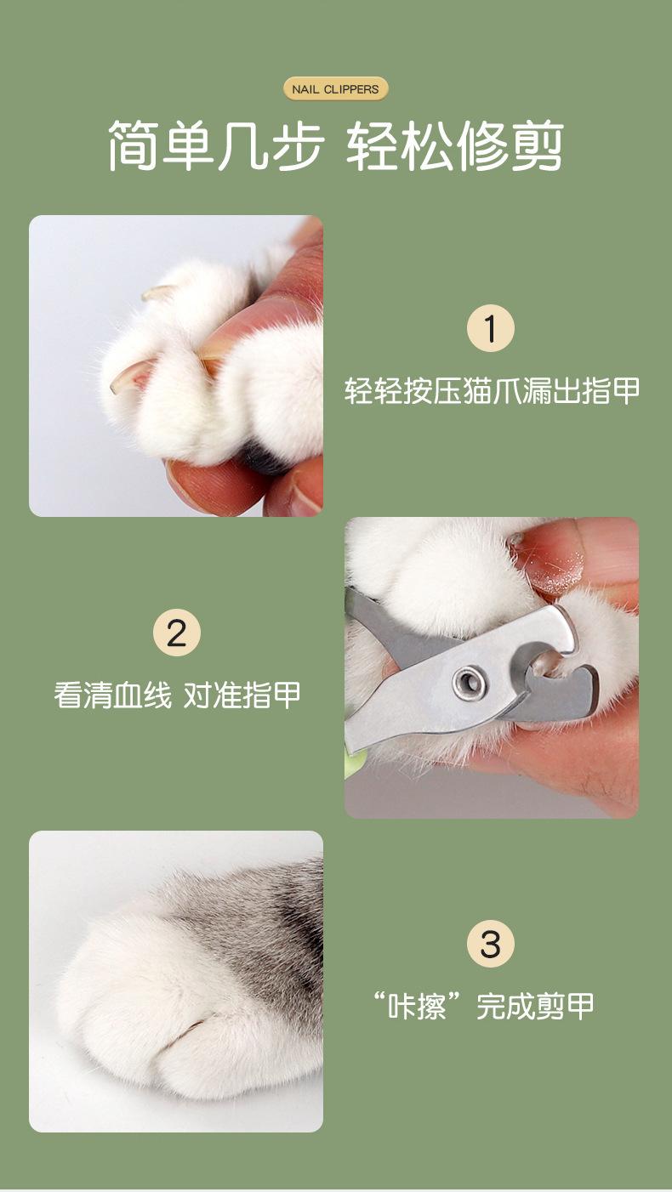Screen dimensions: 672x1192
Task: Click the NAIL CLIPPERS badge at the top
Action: (x=335, y=89)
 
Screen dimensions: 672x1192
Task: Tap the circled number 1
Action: (x=491, y=328)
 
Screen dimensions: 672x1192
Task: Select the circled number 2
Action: (x=177, y=633)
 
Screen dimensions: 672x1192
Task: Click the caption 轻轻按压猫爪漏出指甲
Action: (x=492, y=391)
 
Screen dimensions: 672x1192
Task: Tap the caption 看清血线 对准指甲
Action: (x=177, y=695)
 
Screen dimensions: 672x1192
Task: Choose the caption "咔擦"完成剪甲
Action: (x=484, y=1006)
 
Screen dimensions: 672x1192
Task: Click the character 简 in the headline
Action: (x=134, y=145)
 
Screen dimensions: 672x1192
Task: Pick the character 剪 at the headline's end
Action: (x=538, y=145)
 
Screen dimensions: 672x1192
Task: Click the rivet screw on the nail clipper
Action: (x=469, y=681)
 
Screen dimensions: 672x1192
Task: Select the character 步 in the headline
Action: (x=298, y=145)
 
